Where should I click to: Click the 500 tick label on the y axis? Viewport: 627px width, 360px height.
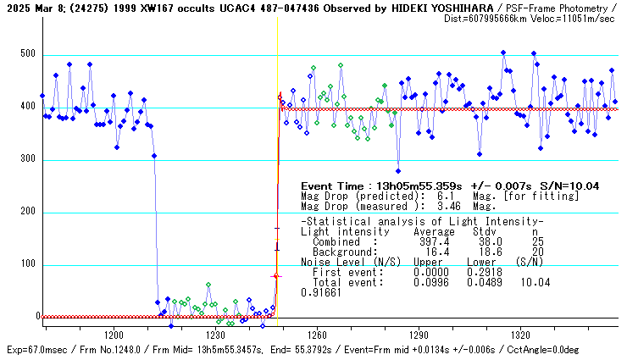tap(29, 55)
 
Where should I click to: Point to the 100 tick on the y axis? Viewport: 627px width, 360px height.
tap(29, 265)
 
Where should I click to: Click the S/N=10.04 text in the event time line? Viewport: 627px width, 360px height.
tap(569, 186)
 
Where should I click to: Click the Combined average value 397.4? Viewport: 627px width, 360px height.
tap(434, 241)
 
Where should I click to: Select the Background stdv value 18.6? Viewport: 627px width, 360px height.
tap(485, 252)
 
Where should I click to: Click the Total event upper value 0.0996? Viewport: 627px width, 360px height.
tap(431, 282)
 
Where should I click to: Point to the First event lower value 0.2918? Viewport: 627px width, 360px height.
tap(485, 272)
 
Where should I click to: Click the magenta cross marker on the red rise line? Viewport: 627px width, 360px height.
tap(275, 276)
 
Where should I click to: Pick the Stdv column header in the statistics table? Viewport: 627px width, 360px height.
tap(485, 231)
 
